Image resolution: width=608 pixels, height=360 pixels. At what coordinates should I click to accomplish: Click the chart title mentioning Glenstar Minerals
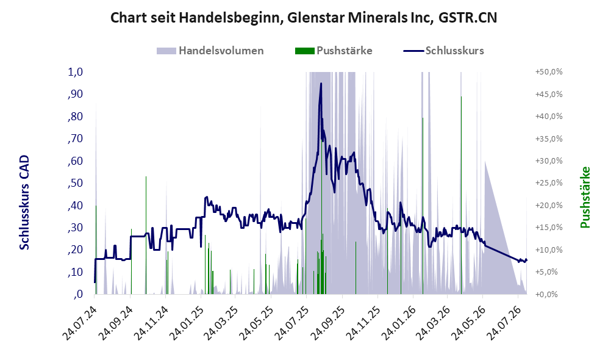point(304,18)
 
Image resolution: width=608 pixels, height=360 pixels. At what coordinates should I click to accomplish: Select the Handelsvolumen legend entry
point(210,51)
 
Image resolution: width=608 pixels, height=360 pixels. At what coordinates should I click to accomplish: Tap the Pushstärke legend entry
point(334,51)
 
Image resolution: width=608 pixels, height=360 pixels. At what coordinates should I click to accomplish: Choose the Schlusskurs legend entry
point(443,51)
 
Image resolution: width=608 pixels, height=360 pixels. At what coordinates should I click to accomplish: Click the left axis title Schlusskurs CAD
point(24,202)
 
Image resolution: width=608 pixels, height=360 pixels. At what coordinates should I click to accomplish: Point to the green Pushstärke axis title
point(585,197)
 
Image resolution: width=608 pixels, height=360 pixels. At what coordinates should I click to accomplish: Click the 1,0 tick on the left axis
point(75,72)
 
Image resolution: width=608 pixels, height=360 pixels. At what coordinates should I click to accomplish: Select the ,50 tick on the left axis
point(75,183)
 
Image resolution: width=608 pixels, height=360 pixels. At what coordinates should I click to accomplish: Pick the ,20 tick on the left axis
point(75,250)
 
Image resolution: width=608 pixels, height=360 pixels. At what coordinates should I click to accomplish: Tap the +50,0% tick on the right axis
point(549,72)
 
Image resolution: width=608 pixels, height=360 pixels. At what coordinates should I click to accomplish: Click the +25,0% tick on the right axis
point(549,182)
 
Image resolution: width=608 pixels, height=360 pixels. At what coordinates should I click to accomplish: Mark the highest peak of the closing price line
point(321,84)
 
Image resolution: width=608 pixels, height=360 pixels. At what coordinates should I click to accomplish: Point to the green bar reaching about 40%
point(423,206)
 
